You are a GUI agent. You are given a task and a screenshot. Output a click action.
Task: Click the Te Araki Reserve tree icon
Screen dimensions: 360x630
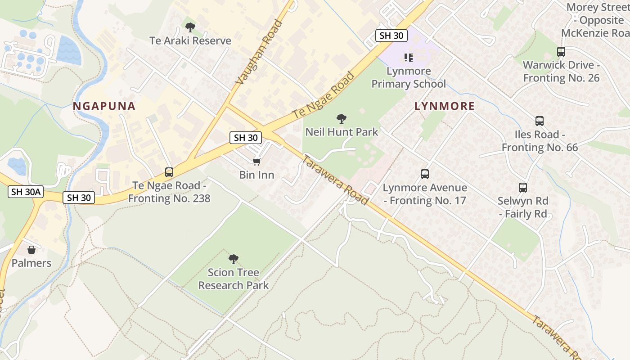pos(190,27)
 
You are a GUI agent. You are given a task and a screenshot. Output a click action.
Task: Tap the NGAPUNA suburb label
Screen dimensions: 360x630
pos(104,106)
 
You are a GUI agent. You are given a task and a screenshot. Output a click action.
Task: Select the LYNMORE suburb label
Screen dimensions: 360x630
pos(444,106)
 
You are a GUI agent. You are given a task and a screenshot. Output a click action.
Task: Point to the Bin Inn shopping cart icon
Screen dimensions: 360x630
pos(256,162)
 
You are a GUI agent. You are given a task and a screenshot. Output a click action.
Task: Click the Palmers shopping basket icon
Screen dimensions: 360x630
pos(31,250)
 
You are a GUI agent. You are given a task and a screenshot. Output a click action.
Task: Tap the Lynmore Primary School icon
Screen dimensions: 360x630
pos(409,58)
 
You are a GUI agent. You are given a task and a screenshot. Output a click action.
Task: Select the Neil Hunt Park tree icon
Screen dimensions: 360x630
pos(342,119)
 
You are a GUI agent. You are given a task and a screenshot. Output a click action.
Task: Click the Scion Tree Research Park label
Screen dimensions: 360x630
pos(233,279)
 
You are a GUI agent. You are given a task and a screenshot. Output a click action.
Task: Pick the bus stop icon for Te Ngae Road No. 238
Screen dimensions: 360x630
pos(169,172)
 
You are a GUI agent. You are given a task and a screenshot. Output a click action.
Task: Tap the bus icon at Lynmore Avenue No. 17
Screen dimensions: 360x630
pos(424,174)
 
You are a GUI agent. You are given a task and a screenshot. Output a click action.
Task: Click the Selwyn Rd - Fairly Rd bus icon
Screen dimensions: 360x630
pos(522,187)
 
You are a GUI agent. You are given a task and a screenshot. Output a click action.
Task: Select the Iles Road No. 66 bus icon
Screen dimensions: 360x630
pos(539,121)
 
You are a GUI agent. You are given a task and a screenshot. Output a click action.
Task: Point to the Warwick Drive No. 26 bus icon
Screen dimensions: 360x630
pos(561,51)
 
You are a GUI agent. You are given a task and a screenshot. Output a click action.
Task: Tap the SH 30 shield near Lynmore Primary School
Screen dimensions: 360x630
pos(391,36)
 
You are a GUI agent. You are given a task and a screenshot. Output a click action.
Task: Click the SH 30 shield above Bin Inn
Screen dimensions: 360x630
pos(246,138)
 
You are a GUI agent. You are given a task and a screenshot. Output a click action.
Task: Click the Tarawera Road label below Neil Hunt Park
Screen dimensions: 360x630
pos(335,180)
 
